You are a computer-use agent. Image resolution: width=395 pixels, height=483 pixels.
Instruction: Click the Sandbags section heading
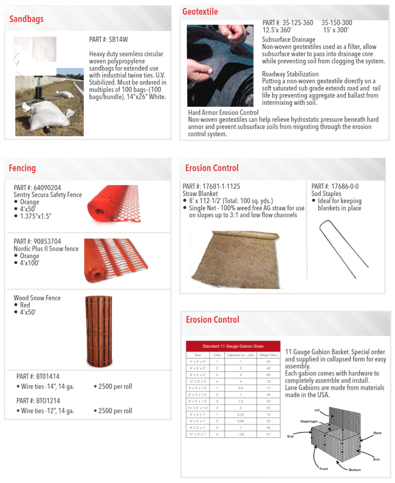[26, 19]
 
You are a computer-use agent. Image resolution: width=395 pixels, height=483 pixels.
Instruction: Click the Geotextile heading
[200, 12]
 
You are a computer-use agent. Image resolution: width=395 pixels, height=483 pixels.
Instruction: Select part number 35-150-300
[337, 23]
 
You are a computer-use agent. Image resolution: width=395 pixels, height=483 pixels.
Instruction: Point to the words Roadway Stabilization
[290, 74]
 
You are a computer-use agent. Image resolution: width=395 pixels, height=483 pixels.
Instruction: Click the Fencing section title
[22, 168]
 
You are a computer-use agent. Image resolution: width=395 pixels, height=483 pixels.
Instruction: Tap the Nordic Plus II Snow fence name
[46, 249]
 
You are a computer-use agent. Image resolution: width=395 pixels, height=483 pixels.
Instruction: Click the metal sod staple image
[343, 249]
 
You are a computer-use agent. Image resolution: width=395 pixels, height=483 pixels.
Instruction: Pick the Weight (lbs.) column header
[268, 355]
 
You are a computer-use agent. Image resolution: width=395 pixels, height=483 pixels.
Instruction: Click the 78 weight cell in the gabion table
[268, 381]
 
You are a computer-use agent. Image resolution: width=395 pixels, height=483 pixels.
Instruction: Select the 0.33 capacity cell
[241, 414]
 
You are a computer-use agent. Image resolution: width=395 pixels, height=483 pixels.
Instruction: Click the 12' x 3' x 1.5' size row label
[198, 408]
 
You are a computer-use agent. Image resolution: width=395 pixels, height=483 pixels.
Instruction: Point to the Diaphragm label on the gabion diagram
[309, 421]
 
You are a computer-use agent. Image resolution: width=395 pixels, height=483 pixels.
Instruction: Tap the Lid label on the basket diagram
[317, 410]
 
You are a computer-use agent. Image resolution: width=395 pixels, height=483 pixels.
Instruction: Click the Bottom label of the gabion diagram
[355, 470]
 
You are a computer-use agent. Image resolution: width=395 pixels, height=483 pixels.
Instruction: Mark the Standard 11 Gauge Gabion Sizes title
[233, 346]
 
